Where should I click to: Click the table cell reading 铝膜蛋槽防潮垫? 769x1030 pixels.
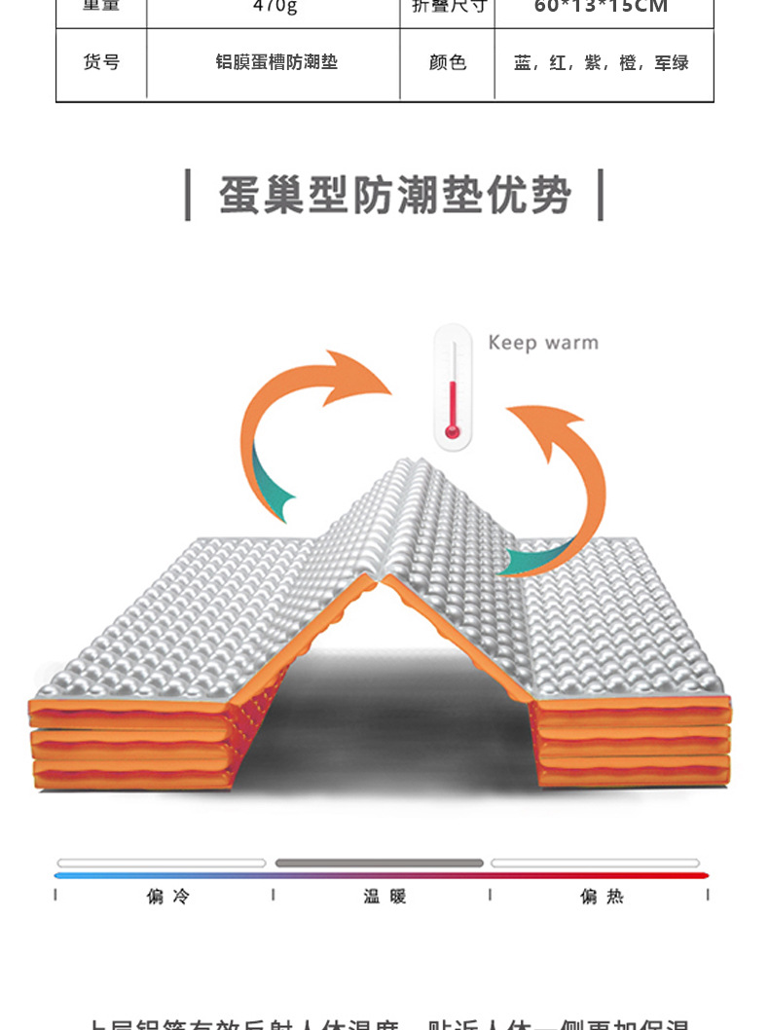point(276,63)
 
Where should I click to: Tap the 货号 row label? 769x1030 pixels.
point(101,63)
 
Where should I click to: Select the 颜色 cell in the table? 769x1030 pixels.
point(448,63)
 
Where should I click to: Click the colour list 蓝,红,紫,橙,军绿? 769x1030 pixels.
point(602,63)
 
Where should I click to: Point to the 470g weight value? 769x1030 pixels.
point(275,6)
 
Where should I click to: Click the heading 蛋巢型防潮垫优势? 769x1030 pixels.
point(394,196)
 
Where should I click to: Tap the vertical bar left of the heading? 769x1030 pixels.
point(188,195)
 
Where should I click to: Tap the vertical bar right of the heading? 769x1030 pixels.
point(601,195)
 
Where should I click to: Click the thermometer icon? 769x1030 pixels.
point(453,386)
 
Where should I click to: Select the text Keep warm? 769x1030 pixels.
point(543,343)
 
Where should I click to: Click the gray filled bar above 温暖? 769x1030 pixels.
point(380,863)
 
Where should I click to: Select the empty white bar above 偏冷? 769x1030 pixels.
point(162,863)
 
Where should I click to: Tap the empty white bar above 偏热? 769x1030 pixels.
point(595,863)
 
